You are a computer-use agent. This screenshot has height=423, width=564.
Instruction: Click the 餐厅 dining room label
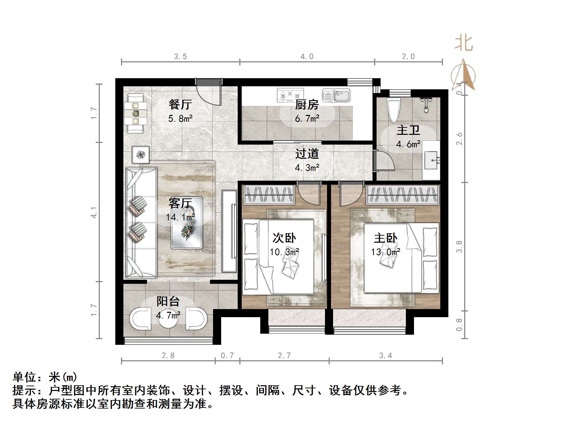tap(180, 104)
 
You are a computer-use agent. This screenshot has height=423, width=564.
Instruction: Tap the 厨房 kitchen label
tap(306, 105)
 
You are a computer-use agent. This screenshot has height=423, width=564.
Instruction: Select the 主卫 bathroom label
tap(408, 130)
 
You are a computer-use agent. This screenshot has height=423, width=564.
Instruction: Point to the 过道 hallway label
tap(307, 154)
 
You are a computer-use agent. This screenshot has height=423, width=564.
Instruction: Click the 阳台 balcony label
tap(168, 301)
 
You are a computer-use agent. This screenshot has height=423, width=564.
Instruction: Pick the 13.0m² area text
tap(385, 252)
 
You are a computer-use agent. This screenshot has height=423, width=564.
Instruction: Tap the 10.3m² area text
tap(284, 252)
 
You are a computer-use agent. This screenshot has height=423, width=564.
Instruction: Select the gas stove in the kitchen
tap(290, 95)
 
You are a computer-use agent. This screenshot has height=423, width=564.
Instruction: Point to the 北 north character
tap(464, 44)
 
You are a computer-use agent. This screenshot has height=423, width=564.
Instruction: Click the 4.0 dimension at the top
tap(307, 57)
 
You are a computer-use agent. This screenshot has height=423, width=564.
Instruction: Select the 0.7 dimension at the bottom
tap(227, 355)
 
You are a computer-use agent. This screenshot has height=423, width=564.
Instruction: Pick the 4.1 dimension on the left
tap(94, 212)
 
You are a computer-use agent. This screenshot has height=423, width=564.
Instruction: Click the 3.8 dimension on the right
tap(459, 246)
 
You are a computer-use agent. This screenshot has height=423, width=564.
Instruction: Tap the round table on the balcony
tap(168, 319)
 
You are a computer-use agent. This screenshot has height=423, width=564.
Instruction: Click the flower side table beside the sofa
tap(140, 155)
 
